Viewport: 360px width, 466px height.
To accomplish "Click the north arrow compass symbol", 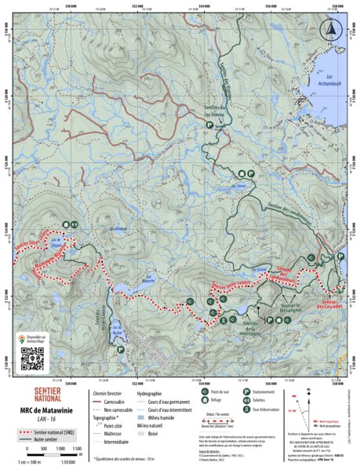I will tap(331, 29).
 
